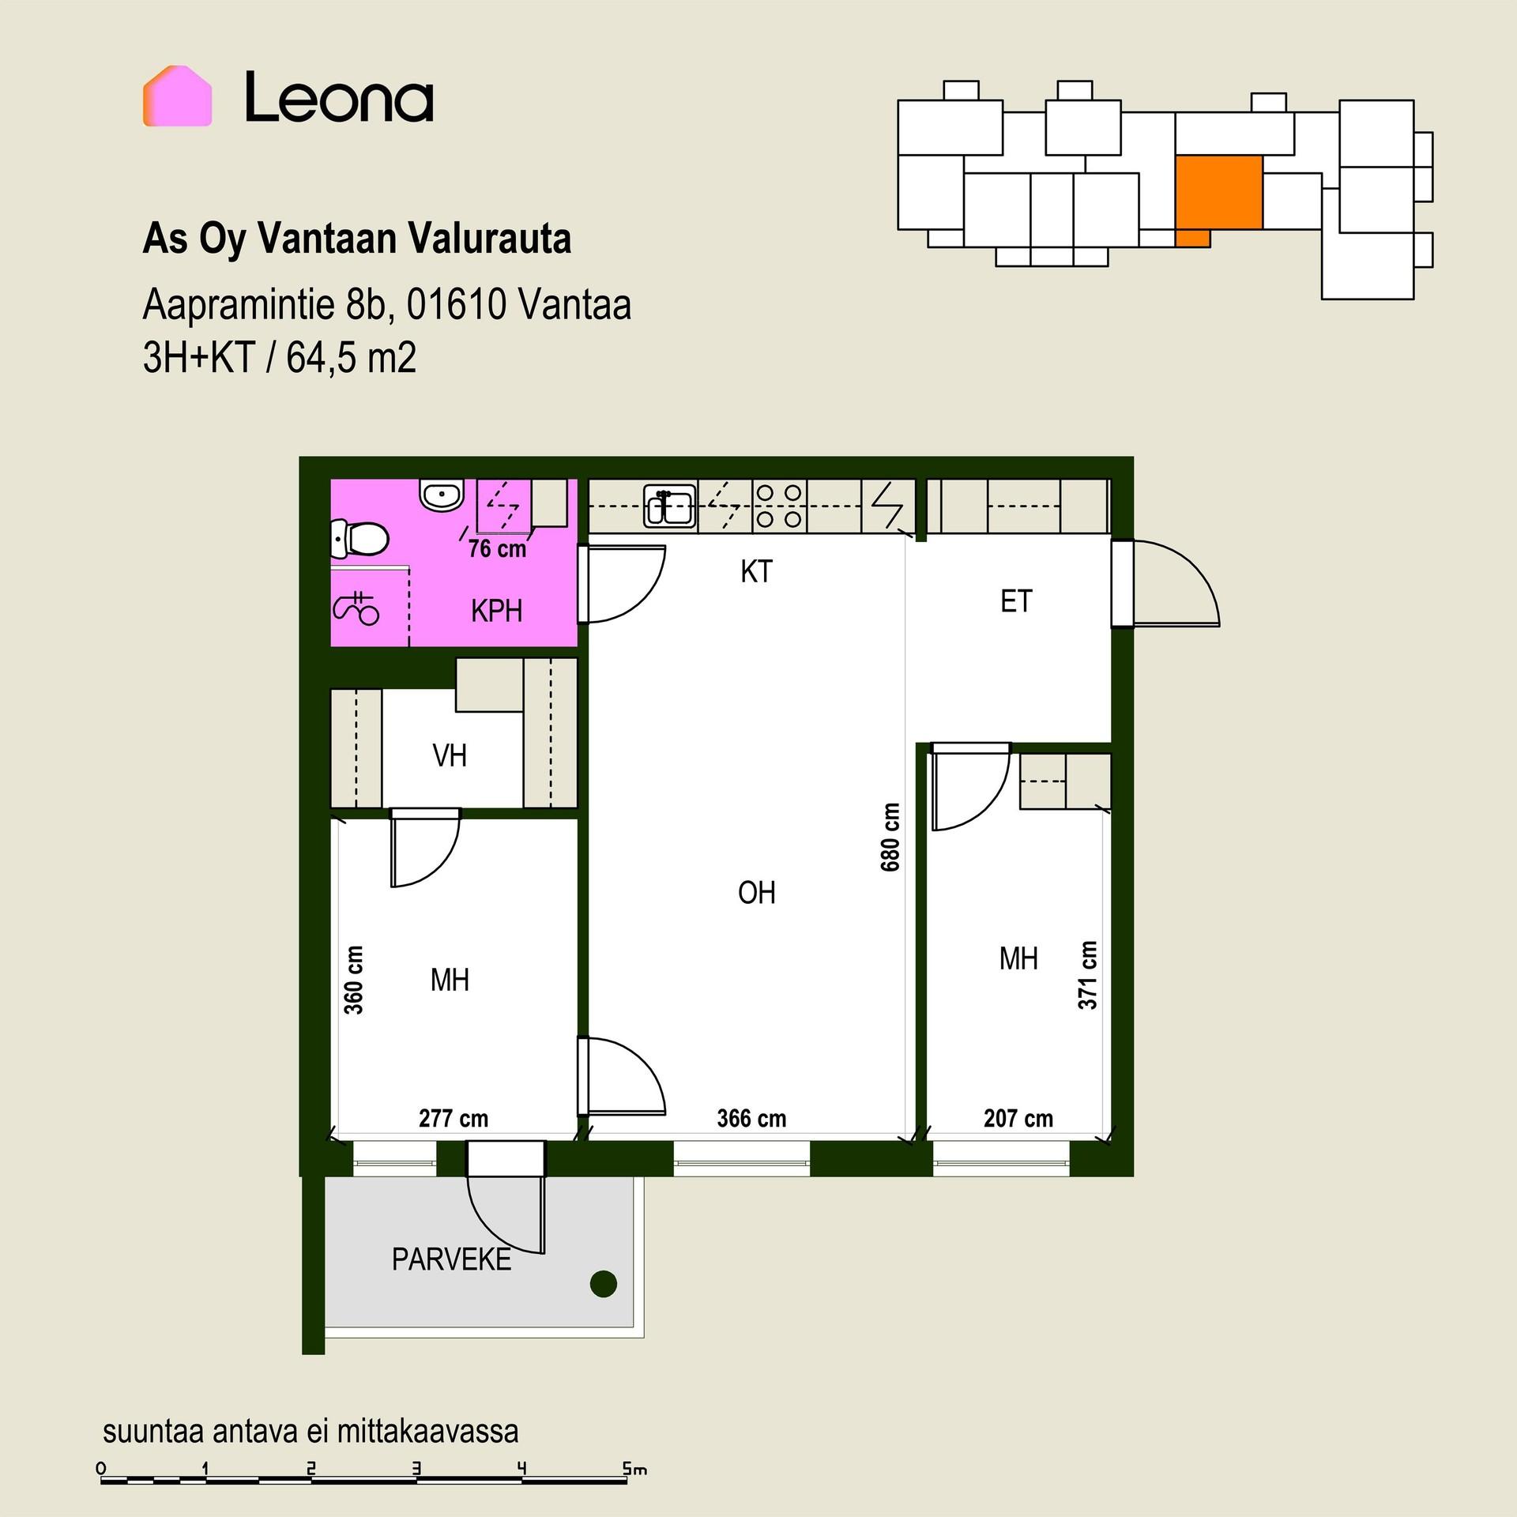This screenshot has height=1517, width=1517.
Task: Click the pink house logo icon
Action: [x=177, y=96]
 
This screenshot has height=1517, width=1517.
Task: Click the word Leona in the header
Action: [x=339, y=97]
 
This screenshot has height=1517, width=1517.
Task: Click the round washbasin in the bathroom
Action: [x=441, y=495]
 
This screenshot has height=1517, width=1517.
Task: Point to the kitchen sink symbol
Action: [x=670, y=505]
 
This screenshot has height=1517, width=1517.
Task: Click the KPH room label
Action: [x=496, y=611]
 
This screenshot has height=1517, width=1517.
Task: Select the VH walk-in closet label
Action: [x=450, y=756]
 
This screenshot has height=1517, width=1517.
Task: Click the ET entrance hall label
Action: [x=1016, y=601]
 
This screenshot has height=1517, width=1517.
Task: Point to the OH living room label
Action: [x=756, y=893]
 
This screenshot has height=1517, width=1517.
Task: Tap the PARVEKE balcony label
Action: [x=451, y=1259]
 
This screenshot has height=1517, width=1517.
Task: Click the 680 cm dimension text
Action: [x=890, y=838]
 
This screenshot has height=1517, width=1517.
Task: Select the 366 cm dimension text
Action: [x=751, y=1119]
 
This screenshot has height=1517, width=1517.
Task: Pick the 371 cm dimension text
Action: [x=1088, y=975]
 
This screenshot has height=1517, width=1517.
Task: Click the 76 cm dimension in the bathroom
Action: [x=497, y=548]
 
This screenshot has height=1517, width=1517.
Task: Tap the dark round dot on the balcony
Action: [x=604, y=1284]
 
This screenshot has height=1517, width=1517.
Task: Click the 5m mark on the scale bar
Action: [x=634, y=1470]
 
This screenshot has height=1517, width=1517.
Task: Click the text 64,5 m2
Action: [x=351, y=358]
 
